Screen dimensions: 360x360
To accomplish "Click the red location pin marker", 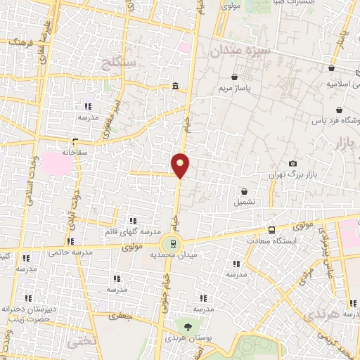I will click(181, 165).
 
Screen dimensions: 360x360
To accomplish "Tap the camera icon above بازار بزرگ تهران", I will click(292, 164).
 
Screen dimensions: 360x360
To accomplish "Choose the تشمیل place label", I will click(244, 202).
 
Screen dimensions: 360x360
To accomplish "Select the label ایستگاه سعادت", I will click(268, 240).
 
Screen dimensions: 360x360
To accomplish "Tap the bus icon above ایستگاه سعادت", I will click(272, 230).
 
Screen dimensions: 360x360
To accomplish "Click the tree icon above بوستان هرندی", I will click(188, 326).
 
